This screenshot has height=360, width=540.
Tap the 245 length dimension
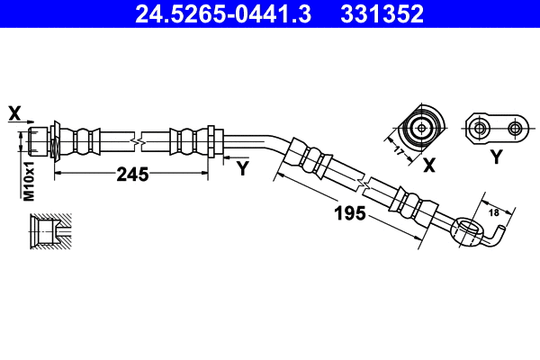pos(132,175)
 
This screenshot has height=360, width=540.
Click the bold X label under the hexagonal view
pos(429,165)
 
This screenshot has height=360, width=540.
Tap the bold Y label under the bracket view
pos(496,157)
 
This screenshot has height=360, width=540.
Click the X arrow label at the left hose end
pos(14,112)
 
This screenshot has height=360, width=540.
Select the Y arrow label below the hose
pos(242,167)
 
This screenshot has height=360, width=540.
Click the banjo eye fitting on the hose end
pos(467,230)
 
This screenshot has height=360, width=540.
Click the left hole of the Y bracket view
pos(477,128)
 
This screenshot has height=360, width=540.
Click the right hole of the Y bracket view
pos(515,128)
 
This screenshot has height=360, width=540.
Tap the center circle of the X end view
pos(421,128)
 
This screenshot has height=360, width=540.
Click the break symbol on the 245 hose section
pos(136,140)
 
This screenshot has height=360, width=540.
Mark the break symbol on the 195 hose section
pos(364,183)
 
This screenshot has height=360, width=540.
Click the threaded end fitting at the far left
pos(36,140)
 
